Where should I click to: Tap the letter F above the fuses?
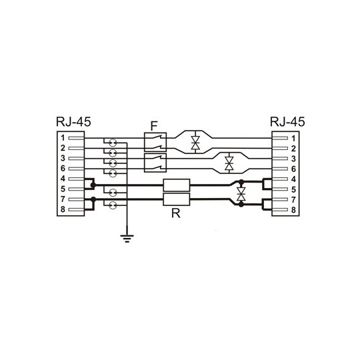(x=154, y=125)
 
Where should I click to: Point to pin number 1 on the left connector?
(x=61, y=137)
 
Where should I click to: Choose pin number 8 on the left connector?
(x=61, y=210)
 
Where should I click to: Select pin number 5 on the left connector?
(x=61, y=189)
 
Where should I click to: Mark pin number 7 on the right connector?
(x=293, y=199)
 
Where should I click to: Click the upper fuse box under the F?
(x=155, y=143)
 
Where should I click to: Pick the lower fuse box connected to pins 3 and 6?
(x=155, y=163)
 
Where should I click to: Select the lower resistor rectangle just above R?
(x=177, y=199)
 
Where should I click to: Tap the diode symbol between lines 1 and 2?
(x=195, y=143)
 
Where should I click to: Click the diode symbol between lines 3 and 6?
(x=229, y=163)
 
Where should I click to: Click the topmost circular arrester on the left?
(x=112, y=143)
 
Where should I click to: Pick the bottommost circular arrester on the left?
(x=112, y=205)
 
